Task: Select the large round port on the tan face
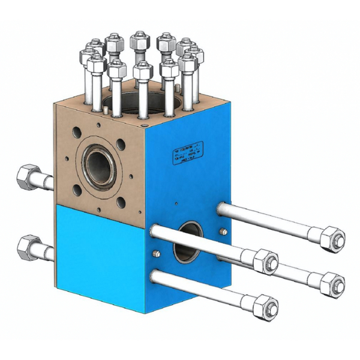point(98,162)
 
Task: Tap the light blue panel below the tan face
point(99,252)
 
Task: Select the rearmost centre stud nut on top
point(139,42)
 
